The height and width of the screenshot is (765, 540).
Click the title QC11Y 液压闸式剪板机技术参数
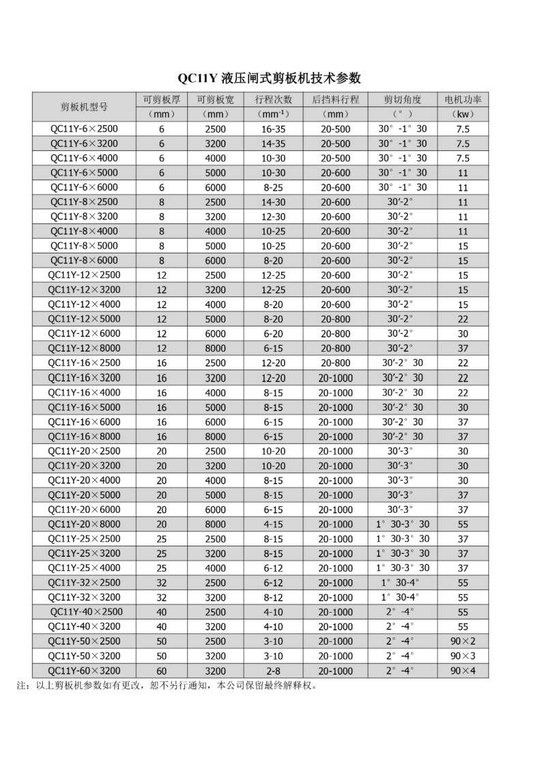coord(269,78)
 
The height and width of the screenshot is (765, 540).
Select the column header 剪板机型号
coord(84,107)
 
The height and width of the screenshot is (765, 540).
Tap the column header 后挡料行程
coord(335,99)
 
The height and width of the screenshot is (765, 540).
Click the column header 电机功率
coord(463,99)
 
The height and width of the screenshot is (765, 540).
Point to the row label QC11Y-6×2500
coord(84,128)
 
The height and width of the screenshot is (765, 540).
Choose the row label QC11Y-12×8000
coord(84,348)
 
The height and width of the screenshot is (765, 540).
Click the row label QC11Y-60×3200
coord(84,670)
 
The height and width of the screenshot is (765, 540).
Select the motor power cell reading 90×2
coord(463,641)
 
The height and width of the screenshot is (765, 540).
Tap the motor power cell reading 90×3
coord(463,656)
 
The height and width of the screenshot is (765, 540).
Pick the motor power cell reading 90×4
coord(463,670)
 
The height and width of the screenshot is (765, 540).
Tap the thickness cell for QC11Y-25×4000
coord(162,568)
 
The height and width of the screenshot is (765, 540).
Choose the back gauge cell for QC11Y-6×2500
coord(335,128)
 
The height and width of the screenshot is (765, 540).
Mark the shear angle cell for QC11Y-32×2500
coord(402,583)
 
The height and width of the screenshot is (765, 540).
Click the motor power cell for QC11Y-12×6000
coord(463,333)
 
